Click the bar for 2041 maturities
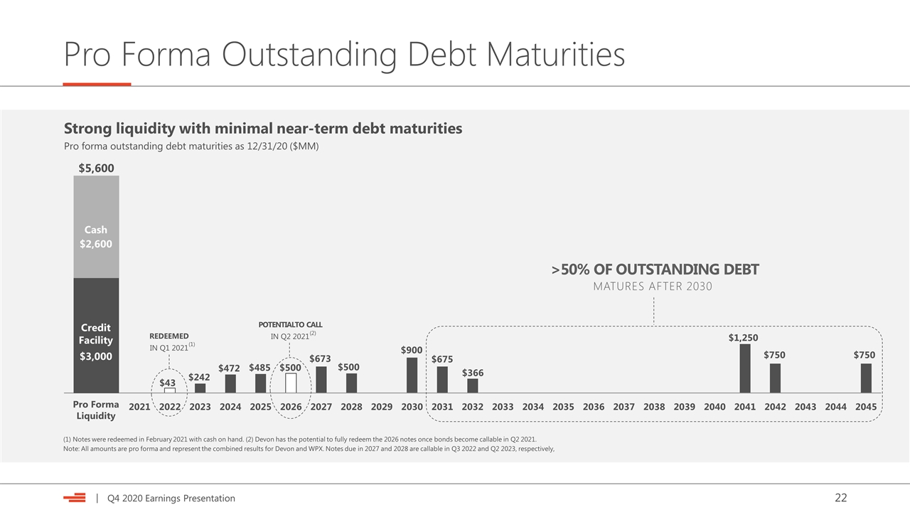tap(744, 368)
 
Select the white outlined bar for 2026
tap(291, 383)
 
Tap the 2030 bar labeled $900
tap(412, 375)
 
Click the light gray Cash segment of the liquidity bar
tap(96, 227)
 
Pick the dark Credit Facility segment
tap(96, 335)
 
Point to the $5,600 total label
tap(96, 169)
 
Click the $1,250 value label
tap(743, 338)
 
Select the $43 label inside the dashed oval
tap(167, 383)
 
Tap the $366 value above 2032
tap(473, 373)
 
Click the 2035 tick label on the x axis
tap(563, 407)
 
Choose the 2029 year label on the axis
tap(382, 407)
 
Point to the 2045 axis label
tap(866, 407)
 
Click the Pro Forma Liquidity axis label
tap(96, 410)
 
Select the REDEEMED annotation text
tap(169, 336)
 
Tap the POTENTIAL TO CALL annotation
tap(291, 325)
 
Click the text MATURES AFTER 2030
tap(653, 287)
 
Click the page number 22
tap(841, 498)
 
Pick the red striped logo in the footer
tap(75, 498)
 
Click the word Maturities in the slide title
tap(555, 54)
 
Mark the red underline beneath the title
tap(97, 85)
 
